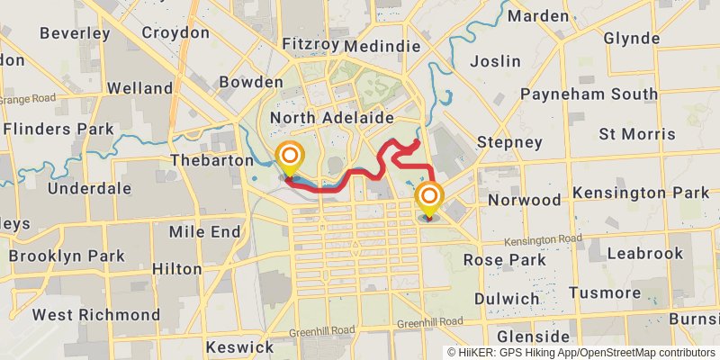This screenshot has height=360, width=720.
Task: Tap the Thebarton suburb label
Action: pos(212,160)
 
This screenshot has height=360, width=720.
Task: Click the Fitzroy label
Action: pos(310,45)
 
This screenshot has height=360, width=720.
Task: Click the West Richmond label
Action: pos(96,316)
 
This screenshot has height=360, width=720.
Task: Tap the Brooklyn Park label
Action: pos(67,256)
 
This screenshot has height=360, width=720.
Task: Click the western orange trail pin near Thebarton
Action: pos(290,159)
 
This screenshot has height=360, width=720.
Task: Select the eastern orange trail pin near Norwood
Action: pos(429,198)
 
